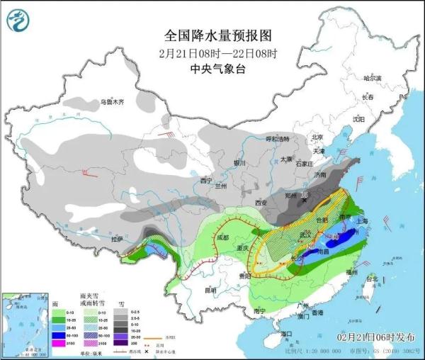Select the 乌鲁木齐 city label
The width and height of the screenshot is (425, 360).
tap(111, 102)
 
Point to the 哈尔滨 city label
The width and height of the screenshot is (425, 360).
tap(372, 78)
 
